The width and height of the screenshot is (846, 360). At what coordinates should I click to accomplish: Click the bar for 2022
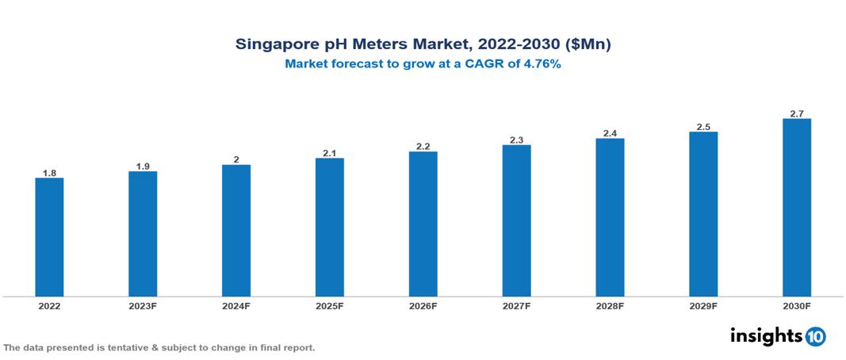(x=49, y=237)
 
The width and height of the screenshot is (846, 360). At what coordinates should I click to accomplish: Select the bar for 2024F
(x=236, y=231)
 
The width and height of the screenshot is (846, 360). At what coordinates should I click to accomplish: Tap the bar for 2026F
(x=423, y=224)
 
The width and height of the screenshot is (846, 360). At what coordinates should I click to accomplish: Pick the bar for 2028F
(x=610, y=217)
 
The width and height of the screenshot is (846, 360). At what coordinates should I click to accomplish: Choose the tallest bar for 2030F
(x=797, y=208)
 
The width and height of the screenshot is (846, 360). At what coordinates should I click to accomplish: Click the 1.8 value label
(x=49, y=172)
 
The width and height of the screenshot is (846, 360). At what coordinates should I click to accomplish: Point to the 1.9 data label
(x=143, y=166)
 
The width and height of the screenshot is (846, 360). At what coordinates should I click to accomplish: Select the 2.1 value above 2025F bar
(x=330, y=152)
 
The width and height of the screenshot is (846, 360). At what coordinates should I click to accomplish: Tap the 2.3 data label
(x=516, y=140)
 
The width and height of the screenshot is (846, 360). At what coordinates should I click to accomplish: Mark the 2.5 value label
(x=703, y=126)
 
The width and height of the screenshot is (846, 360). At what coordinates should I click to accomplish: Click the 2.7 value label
(x=797, y=113)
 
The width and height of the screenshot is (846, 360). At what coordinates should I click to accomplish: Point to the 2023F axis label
(x=143, y=305)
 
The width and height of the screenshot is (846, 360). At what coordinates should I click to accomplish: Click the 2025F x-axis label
(x=330, y=305)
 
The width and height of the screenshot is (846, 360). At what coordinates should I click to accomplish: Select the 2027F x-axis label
(x=516, y=305)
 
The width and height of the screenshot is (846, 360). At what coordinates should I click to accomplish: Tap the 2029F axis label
(x=703, y=305)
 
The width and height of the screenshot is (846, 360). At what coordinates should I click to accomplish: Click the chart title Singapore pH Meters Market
(x=423, y=45)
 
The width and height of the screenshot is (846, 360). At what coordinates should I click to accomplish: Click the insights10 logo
(x=778, y=336)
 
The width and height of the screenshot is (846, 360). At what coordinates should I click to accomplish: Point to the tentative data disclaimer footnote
(x=159, y=347)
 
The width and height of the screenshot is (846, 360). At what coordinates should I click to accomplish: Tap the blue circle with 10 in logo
(x=815, y=337)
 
